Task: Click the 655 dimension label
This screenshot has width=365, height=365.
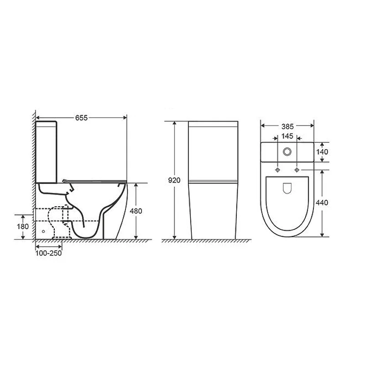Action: pos(82,118)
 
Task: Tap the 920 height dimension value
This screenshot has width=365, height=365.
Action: pos(174,180)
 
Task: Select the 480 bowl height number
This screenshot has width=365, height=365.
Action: pos(136,211)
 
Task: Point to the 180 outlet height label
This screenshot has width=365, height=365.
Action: pos(23,226)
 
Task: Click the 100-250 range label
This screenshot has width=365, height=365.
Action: pos(48,253)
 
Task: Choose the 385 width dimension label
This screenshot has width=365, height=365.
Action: pos(287,126)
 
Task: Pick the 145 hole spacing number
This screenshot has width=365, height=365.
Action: pos(287,136)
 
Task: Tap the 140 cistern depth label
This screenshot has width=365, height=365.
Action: pos(322,152)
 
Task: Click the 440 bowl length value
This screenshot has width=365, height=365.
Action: pos(322,203)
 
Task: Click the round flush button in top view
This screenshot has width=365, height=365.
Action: pos(287,152)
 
